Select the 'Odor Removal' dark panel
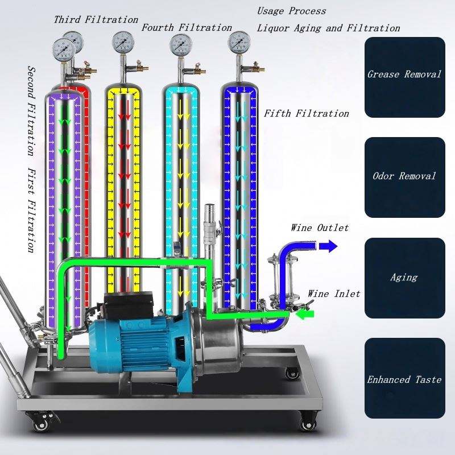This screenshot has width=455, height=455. tap(404, 177)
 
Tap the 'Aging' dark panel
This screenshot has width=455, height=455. tap(404, 278)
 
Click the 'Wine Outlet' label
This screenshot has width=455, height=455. tap(320, 228)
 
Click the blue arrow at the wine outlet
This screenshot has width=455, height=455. tap(327, 246)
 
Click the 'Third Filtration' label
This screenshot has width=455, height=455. tap(96, 20)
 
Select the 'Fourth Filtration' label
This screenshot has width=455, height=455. tap(187, 27)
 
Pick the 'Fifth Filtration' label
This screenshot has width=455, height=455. tap(307, 113)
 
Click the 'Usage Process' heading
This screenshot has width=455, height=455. tap(292, 11)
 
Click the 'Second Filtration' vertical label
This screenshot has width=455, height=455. tap(32, 111)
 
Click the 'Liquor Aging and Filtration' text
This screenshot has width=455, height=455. tap(328, 28)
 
